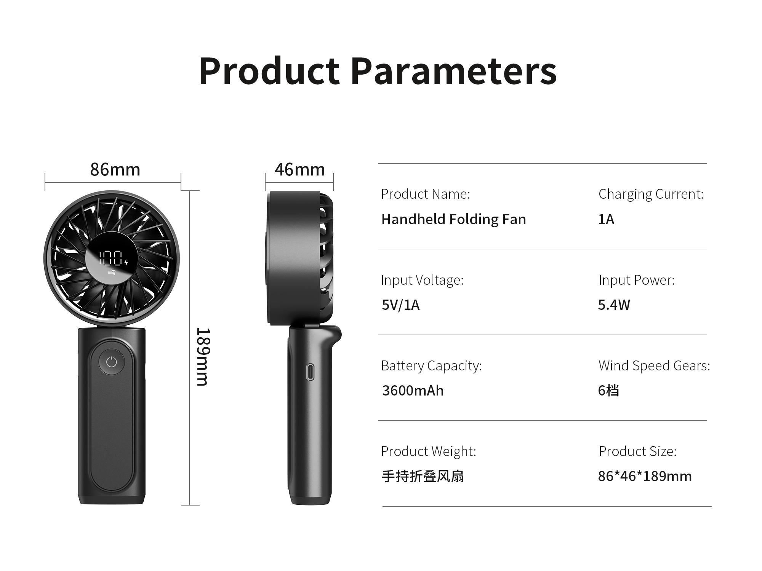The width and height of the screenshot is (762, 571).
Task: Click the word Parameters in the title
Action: click(454, 71)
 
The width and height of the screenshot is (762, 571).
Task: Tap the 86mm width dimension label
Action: click(115, 169)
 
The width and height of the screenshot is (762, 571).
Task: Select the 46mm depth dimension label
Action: click(300, 169)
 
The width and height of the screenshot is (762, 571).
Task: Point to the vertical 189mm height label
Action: click(202, 357)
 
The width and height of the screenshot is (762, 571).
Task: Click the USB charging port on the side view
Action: click(311, 372)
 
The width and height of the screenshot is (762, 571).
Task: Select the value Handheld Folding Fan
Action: click(454, 219)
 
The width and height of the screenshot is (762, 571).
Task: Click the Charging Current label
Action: click(651, 194)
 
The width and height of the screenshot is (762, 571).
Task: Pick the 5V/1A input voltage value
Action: click(400, 305)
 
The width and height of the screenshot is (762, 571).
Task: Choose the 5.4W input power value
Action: click(614, 305)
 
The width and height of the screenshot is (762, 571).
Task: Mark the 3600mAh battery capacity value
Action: click(413, 391)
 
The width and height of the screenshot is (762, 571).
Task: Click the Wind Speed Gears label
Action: click(654, 366)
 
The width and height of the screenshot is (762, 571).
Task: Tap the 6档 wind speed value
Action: click(608, 391)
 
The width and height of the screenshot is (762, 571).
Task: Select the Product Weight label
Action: click(429, 451)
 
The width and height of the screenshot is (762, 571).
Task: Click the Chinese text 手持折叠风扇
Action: click(423, 476)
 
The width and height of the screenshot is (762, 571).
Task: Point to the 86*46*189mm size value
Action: click(645, 476)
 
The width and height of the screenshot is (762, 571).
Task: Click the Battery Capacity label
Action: click(431, 366)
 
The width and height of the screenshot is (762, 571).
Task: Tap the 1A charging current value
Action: click(606, 219)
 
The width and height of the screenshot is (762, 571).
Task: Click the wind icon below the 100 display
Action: click(112, 272)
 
